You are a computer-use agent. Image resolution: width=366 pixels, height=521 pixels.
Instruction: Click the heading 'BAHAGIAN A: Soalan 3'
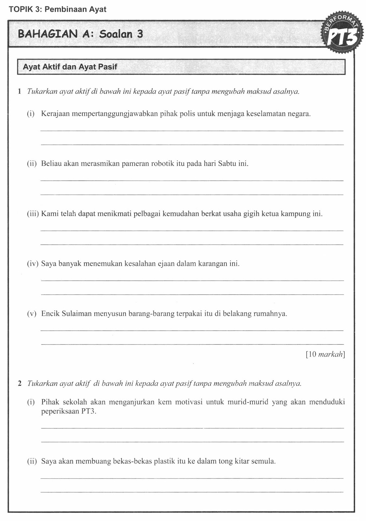pyautogui.click(x=80, y=34)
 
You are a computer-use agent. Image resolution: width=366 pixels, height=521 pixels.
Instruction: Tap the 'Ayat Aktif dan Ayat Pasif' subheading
pyautogui.click(x=70, y=67)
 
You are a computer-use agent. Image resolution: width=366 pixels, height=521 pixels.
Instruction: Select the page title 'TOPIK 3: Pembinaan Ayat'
pyautogui.click(x=58, y=9)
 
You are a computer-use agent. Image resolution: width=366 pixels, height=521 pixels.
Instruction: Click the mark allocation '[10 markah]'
pyautogui.click(x=325, y=354)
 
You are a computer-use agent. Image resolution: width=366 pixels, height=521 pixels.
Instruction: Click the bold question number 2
pyautogui.click(x=20, y=384)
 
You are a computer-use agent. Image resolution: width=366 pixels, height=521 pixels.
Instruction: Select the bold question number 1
pyautogui.click(x=20, y=92)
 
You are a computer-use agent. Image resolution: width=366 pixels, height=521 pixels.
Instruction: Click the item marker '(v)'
pyautogui.click(x=32, y=314)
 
